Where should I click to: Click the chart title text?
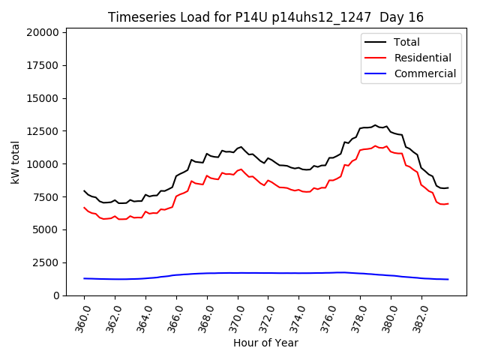pos(266,17)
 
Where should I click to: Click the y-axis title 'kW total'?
pos(16,162)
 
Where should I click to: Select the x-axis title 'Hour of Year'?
pos(265,343)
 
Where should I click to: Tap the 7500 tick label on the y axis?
pos(46,197)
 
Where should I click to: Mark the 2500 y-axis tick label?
pos(46,262)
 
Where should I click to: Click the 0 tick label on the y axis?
pos(56,295)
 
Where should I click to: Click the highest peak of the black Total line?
pos(375,125)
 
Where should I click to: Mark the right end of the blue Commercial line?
pos(448,279)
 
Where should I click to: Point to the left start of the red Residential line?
pos(84,207)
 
